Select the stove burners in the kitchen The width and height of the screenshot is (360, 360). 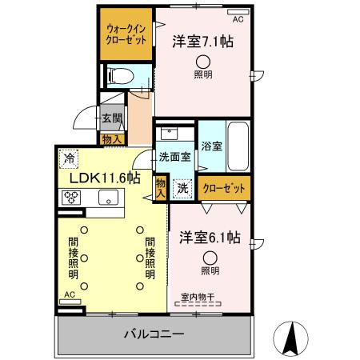pyautogui.click(x=70, y=200)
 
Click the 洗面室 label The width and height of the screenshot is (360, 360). pyautogui.click(x=174, y=157)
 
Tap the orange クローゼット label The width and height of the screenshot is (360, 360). pyautogui.click(x=223, y=189)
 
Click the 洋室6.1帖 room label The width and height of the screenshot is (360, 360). pyautogui.click(x=210, y=238)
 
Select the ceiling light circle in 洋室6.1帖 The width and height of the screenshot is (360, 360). pyautogui.click(x=210, y=258)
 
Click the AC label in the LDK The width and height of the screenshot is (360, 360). pyautogui.click(x=70, y=295)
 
